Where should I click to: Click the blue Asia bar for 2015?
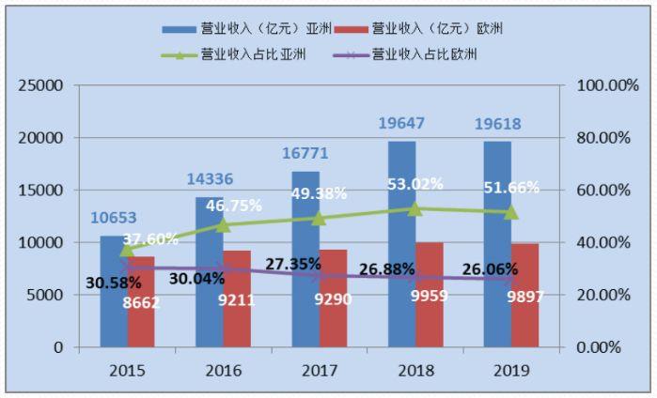click(114, 291)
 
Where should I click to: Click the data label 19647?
click(402, 123)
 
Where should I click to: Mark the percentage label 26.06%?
click(490, 270)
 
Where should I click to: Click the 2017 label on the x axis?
click(319, 371)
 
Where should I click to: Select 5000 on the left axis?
click(45, 295)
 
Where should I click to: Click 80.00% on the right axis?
click(595, 138)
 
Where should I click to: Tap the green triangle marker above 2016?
click(223, 225)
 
